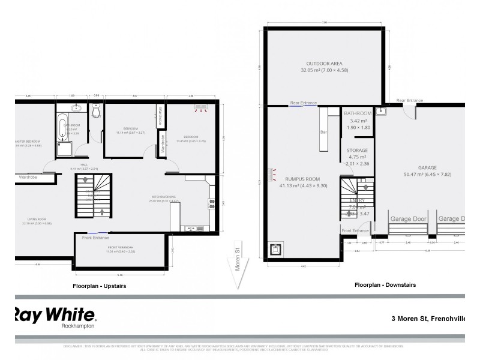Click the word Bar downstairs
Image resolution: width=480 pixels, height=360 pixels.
325,131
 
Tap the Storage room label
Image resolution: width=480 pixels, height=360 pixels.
358,151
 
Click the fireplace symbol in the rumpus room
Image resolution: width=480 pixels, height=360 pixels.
276,250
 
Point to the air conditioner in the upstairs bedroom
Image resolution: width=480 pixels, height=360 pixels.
201,110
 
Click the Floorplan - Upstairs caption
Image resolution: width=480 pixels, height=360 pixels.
99,286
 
